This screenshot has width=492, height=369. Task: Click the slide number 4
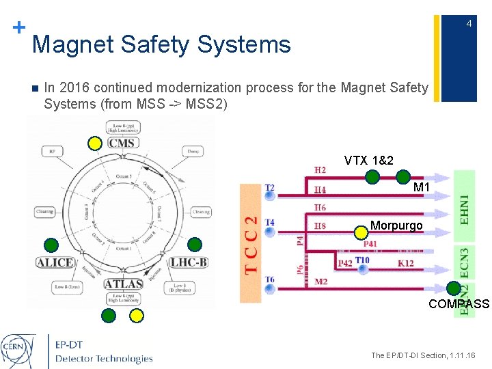click(469, 25)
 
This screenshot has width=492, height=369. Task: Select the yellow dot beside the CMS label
click(96, 143)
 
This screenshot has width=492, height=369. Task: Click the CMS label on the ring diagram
click(122, 143)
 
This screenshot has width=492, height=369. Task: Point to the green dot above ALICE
click(51, 244)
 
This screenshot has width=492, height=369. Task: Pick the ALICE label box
click(56, 262)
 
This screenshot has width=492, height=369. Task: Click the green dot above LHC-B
click(195, 244)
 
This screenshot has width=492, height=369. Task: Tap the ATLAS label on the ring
click(124, 283)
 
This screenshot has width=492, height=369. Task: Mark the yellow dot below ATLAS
click(137, 315)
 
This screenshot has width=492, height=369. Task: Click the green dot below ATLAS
click(109, 315)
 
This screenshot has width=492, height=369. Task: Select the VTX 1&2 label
click(368, 161)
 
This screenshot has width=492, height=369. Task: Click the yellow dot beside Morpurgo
click(360, 232)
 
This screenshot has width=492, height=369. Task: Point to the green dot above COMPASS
click(453, 288)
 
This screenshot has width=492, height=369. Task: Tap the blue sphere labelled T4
click(270, 232)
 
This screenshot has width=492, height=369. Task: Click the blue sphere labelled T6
click(270, 288)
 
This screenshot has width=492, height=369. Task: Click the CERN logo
click(20, 348)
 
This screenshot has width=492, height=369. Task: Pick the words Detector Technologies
click(104, 359)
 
